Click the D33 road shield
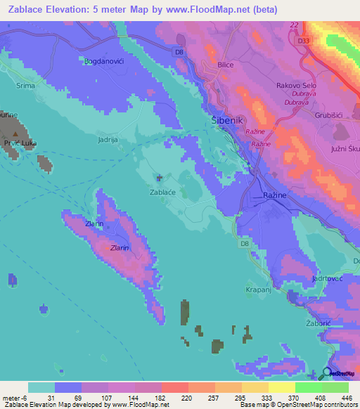(304, 41)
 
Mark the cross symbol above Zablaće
(159, 177)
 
